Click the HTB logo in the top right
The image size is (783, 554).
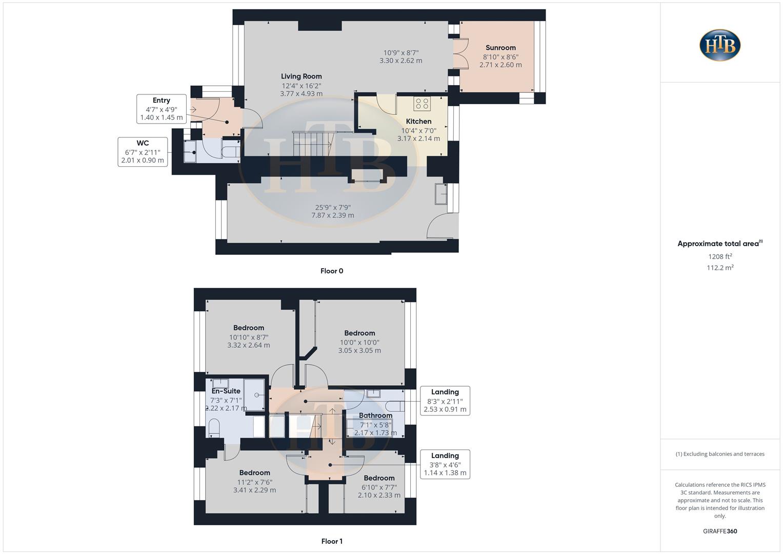720,45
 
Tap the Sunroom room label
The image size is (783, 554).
500,48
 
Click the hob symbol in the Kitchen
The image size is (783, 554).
422,104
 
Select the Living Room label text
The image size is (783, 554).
301,76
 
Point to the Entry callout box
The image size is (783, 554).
161,109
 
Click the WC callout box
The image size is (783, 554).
143,151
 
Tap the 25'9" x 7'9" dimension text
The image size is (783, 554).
333,208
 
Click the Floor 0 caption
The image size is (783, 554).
332,271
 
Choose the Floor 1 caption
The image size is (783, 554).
332,541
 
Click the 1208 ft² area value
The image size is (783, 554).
720,256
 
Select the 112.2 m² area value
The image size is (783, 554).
720,267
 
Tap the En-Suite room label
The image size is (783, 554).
226,391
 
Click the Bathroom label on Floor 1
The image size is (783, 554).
375,415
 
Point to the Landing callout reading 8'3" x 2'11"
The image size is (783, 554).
445,401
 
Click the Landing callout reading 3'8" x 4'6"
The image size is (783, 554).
445,464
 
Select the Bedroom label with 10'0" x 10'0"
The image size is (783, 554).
359,333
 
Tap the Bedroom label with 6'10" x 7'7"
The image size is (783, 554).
379,478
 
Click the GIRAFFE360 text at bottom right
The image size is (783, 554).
720,531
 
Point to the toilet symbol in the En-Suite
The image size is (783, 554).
214,428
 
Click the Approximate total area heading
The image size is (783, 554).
719,244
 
